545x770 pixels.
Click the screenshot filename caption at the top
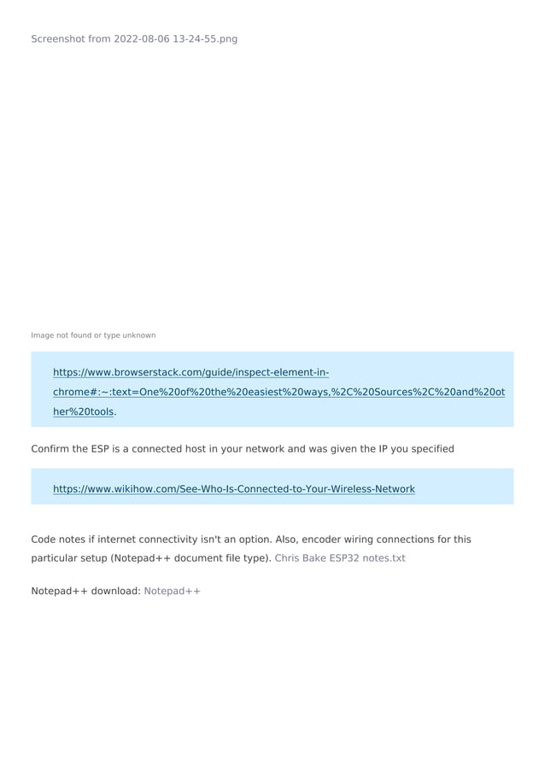tap(134, 39)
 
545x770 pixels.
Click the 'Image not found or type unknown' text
tap(93, 335)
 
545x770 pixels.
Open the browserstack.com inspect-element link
tap(191, 373)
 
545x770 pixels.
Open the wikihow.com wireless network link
tap(233, 489)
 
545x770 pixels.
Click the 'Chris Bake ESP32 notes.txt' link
tap(339, 558)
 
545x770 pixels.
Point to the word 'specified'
tap(431, 449)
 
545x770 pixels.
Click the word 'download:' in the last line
tap(115, 591)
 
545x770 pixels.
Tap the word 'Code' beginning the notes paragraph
tap(44, 540)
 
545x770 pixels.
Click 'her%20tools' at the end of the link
tap(83, 411)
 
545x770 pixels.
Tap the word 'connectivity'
tap(177, 540)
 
